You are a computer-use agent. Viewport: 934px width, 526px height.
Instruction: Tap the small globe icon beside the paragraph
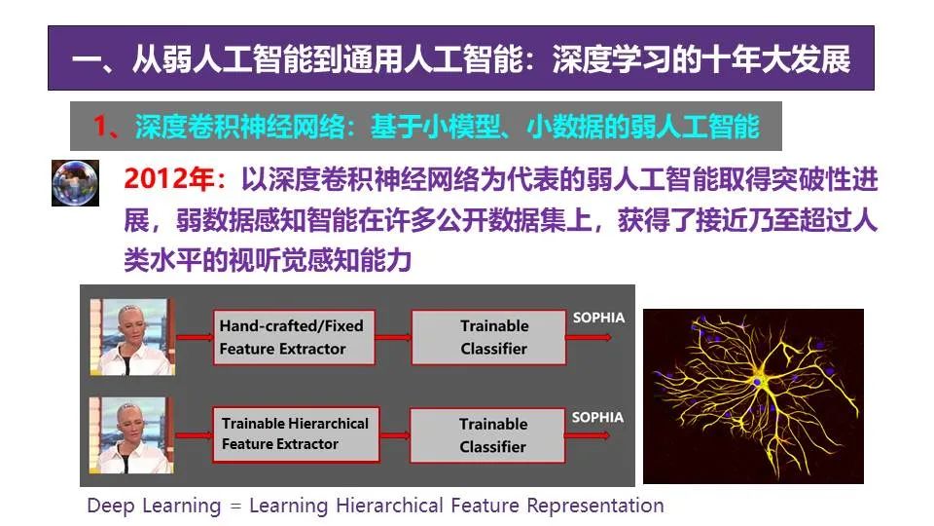pyautogui.click(x=75, y=183)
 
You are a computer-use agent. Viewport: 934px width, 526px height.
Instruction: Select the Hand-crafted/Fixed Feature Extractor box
pyautogui.click(x=294, y=337)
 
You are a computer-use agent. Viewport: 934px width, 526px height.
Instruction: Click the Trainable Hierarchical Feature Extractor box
pyautogui.click(x=296, y=434)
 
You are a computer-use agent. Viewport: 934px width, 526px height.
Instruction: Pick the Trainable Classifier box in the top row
pyautogui.click(x=488, y=337)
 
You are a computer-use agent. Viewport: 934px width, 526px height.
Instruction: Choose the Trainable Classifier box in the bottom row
pyautogui.click(x=487, y=434)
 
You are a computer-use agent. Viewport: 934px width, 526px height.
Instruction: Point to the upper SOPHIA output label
pyautogui.click(x=598, y=318)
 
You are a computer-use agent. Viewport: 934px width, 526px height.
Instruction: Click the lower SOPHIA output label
pyautogui.click(x=597, y=418)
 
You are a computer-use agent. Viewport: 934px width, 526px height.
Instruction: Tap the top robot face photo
pyautogui.click(x=132, y=337)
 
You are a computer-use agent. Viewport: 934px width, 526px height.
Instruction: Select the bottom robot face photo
pyautogui.click(x=131, y=435)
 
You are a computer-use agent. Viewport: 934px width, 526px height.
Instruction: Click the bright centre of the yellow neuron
pyautogui.click(x=758, y=381)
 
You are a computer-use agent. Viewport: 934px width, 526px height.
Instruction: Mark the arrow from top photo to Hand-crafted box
pyautogui.click(x=195, y=338)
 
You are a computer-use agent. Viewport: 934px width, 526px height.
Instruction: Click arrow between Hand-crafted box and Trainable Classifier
pyautogui.click(x=393, y=338)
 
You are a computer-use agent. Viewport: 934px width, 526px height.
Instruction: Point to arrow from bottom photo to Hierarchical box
pyautogui.click(x=195, y=435)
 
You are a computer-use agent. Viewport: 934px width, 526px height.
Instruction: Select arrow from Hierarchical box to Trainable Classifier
pyautogui.click(x=395, y=435)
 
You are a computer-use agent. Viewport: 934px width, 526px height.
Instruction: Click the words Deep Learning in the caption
pyautogui.click(x=154, y=506)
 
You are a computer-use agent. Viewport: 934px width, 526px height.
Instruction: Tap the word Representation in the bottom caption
pyautogui.click(x=595, y=506)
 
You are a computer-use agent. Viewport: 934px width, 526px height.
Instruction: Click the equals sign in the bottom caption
pyautogui.click(x=235, y=507)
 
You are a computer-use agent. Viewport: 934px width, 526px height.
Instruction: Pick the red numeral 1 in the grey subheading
pyautogui.click(x=100, y=127)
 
